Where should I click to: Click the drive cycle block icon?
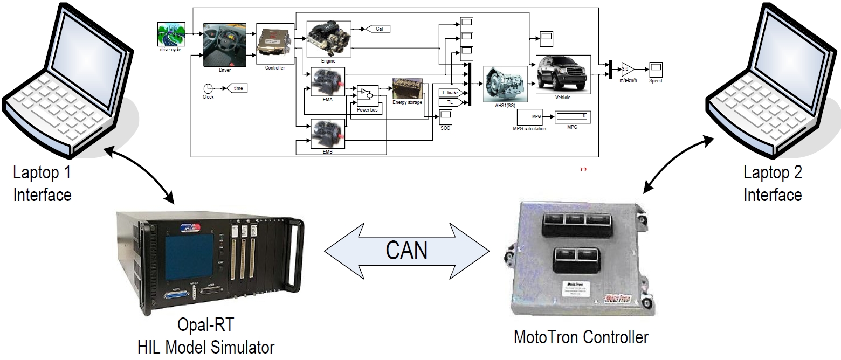[x=170, y=36]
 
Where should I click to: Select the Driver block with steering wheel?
[x=225, y=45]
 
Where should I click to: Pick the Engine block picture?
[x=328, y=39]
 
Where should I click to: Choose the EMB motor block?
[x=328, y=134]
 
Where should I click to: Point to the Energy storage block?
[x=407, y=89]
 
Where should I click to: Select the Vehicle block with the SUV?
[x=563, y=74]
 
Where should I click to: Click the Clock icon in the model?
[x=208, y=88]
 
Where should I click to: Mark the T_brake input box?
[x=449, y=93]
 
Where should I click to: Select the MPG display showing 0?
[x=573, y=116]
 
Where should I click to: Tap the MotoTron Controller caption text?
[x=581, y=338]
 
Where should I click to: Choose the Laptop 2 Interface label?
[x=773, y=183]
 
